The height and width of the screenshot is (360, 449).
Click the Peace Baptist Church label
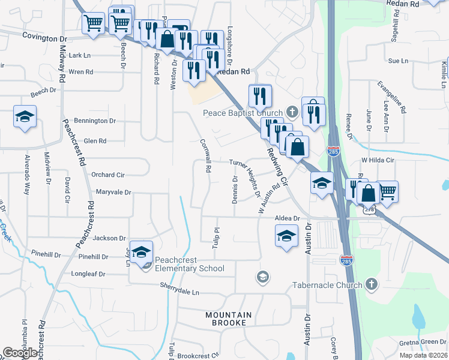243,113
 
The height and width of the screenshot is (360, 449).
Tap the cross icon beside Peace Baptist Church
292,112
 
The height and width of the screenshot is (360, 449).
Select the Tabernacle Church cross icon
372,284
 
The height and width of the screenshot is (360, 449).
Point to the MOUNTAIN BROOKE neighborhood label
226,319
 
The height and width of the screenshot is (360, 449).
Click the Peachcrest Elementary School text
190,264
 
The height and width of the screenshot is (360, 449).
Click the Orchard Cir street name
107,175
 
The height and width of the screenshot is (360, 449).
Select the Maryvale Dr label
113,192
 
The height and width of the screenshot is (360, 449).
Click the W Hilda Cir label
377,160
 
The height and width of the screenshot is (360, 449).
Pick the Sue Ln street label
398,61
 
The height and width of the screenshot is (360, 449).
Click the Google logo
20,353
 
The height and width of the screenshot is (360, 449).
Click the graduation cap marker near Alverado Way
25,116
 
